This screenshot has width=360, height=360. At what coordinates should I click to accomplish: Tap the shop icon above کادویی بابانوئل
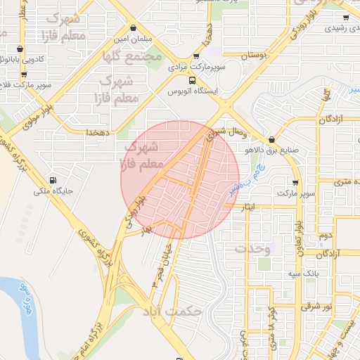point(19,49)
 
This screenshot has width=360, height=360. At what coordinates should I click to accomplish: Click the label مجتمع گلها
point(131,56)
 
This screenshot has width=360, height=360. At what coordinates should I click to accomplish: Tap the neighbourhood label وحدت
point(251,249)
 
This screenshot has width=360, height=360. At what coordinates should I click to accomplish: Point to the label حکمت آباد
point(172,310)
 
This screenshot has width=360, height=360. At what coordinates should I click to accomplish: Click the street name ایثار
point(250,208)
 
